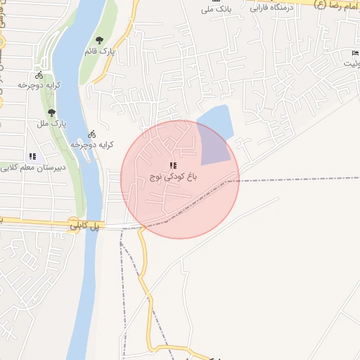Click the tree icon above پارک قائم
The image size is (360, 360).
[x=98, y=40]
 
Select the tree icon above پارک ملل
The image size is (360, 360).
[x=51, y=112]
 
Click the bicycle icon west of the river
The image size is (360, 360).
[x=39, y=75]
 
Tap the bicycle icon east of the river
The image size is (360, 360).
[x=91, y=134]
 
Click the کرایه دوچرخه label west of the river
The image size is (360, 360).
[x=39, y=85]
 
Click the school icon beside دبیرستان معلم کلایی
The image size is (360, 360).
[x=32, y=156]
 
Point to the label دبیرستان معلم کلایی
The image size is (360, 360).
[x=34, y=167]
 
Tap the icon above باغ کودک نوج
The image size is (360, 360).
[x=173, y=165]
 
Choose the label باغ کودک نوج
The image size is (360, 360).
[x=173, y=177]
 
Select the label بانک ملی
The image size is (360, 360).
[x=215, y=9]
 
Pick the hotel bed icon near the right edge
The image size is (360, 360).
[x=354, y=53]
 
